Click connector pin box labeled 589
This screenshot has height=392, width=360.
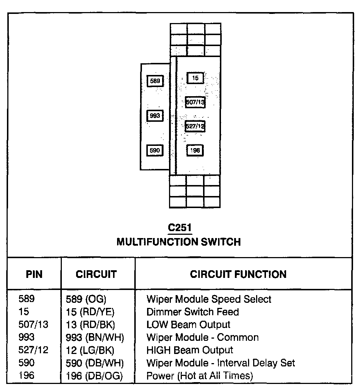(x=155, y=81)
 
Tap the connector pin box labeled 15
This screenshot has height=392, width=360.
(x=195, y=78)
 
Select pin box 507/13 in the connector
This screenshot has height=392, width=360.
(x=195, y=102)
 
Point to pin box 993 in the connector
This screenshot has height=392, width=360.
(x=155, y=116)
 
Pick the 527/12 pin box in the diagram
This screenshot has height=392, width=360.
(x=195, y=126)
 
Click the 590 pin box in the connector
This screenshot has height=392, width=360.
(x=155, y=150)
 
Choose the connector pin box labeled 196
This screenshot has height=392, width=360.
(x=195, y=150)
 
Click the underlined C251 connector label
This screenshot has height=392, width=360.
(x=179, y=228)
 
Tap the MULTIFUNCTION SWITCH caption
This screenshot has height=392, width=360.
(x=179, y=242)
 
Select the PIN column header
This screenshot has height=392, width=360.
(x=34, y=274)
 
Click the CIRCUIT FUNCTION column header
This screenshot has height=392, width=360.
(x=238, y=274)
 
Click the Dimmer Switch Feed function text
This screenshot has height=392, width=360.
(x=192, y=312)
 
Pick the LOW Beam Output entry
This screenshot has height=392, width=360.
(x=188, y=325)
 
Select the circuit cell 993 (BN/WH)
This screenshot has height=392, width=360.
(x=95, y=338)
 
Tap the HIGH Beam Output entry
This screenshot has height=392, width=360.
(x=190, y=350)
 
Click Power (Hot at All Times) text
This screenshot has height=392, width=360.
(x=199, y=376)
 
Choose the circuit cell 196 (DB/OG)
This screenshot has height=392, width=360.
(x=94, y=376)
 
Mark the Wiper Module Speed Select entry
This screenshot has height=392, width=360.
(x=209, y=299)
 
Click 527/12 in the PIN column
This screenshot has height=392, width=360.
(x=33, y=350)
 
